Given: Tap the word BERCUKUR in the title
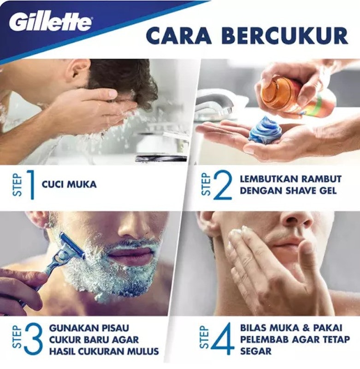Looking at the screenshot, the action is tap(284, 36).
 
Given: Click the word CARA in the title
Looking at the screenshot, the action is tap(179, 36).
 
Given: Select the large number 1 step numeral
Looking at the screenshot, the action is tap(30, 185).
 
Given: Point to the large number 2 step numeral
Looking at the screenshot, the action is tap(223, 185).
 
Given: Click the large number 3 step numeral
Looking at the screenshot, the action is tap(33, 339).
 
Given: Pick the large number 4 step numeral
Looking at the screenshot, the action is tap(223, 339).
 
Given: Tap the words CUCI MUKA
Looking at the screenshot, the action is tap(69, 184).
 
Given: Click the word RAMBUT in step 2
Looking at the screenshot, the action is tap(321, 179).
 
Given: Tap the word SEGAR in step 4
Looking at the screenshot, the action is tap(256, 351).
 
